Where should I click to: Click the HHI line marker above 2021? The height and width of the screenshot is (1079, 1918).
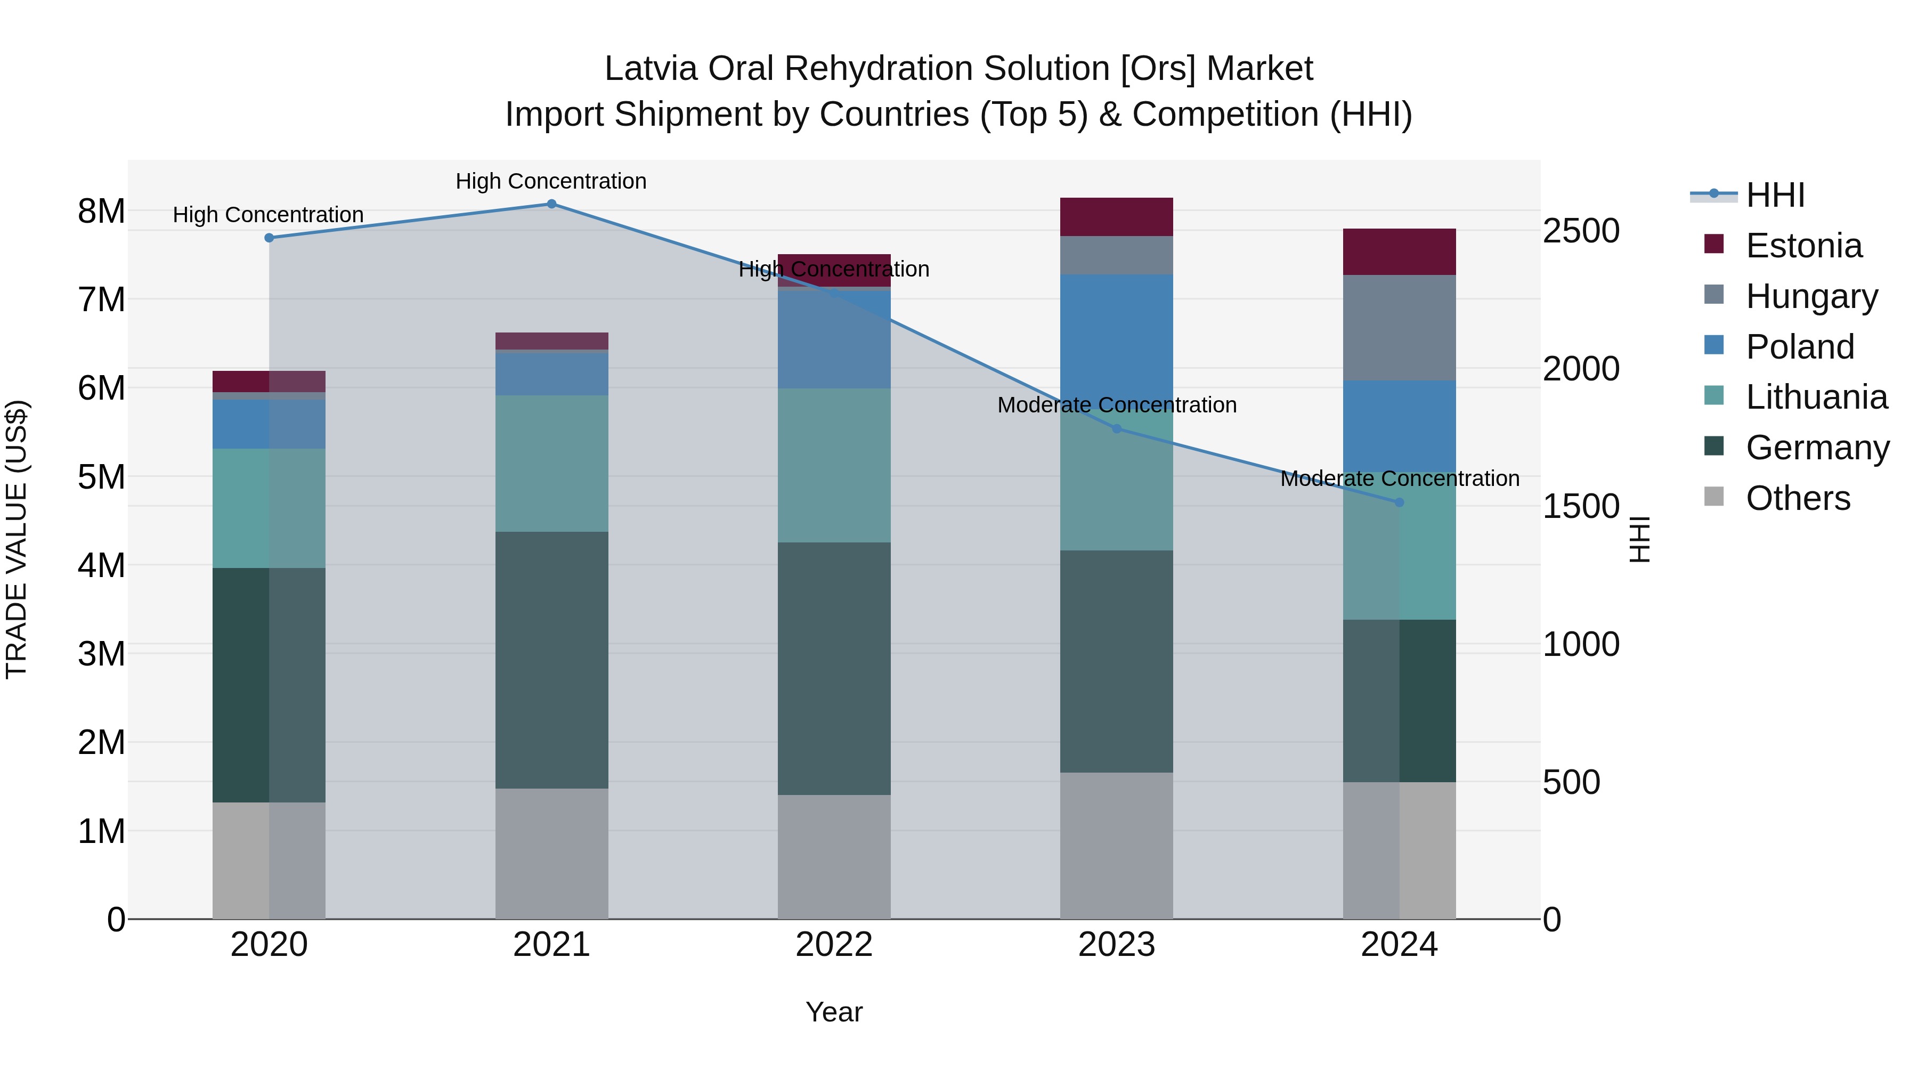pos(551,204)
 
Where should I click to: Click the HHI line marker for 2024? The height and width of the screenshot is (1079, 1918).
pos(1399,502)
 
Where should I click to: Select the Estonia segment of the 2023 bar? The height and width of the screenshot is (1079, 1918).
pos(1116,217)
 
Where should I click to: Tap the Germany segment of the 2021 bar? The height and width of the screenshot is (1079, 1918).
pos(551,660)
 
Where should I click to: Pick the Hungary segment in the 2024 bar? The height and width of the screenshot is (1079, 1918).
pos(1399,328)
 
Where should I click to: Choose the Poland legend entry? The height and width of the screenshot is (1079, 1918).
pos(1800,347)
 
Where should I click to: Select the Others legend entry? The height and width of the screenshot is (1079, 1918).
pos(1798,498)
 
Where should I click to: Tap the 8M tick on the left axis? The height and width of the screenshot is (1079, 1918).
pos(101,212)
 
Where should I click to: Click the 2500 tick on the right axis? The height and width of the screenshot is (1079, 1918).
pos(1581,231)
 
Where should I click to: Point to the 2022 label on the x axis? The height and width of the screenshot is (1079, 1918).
pos(834,945)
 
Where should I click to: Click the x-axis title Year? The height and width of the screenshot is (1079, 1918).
pos(834,1012)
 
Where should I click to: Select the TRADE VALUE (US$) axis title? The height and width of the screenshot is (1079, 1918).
pos(17,539)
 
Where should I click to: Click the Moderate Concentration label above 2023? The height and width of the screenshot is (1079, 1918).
pos(1116,405)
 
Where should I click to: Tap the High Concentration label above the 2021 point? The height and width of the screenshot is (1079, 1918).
pos(551,181)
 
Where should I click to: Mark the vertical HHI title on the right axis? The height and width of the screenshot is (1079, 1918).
pos(1639,539)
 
